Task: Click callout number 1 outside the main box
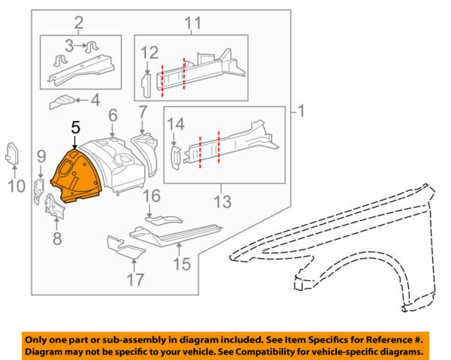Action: click(301, 113)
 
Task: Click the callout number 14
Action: click(175, 124)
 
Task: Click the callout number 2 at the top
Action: click(77, 23)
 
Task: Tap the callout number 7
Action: click(143, 114)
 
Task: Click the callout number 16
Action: click(152, 197)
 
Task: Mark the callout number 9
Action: click(41, 156)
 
